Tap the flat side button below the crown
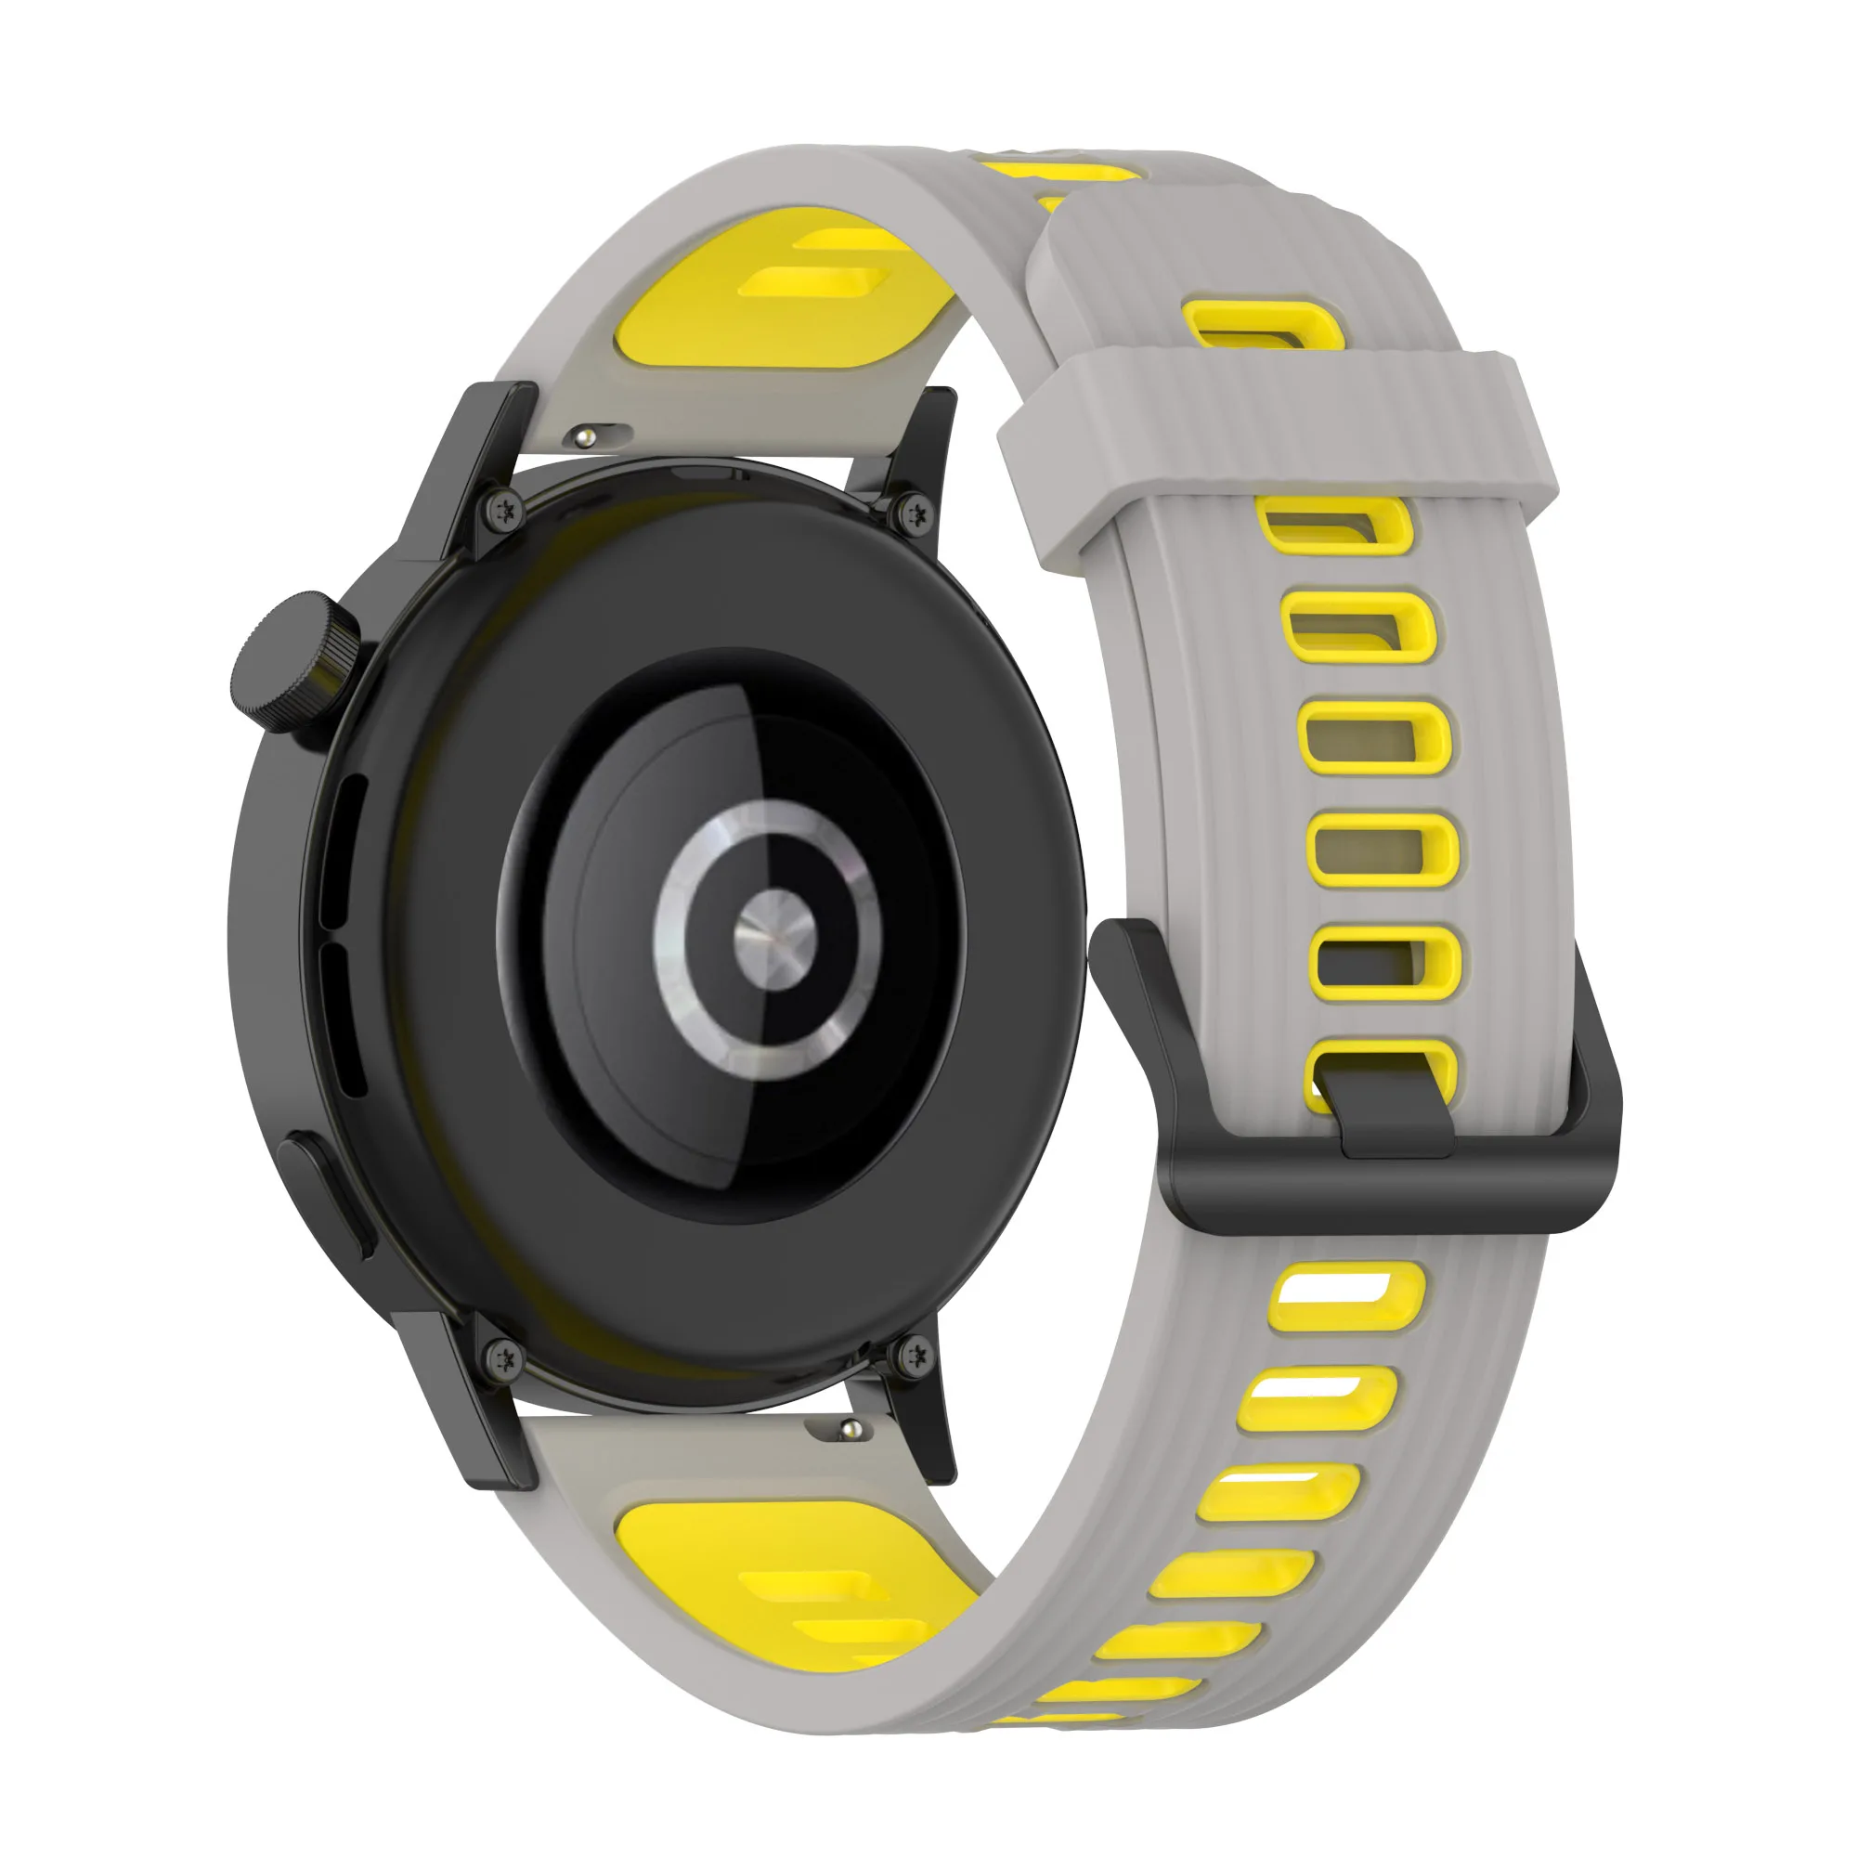point(325,1194)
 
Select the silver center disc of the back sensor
point(774,937)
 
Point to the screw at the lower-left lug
point(503,1357)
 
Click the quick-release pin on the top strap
point(584,438)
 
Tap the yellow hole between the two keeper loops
point(1254,325)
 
